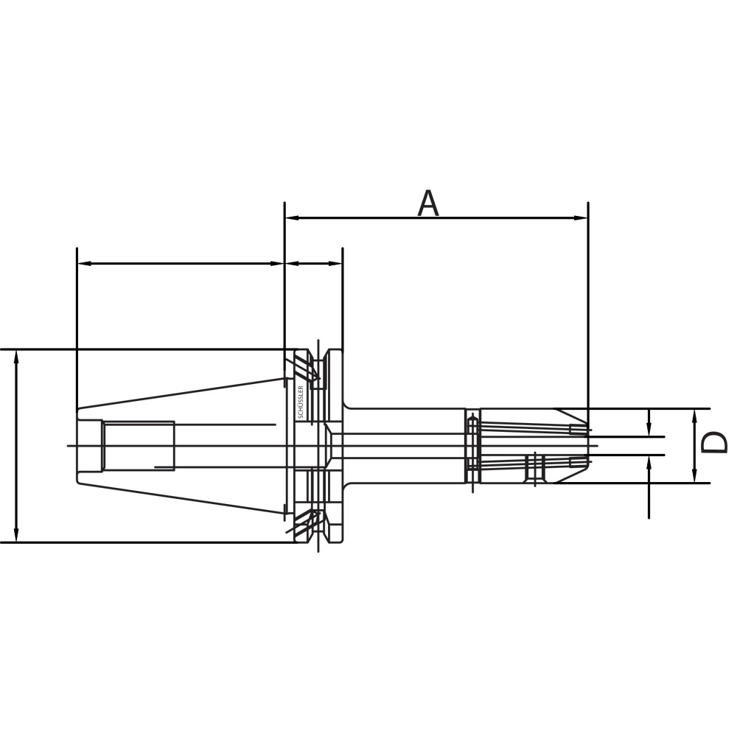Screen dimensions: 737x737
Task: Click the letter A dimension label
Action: [x=428, y=203]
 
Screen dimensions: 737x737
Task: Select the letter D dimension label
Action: [x=713, y=443]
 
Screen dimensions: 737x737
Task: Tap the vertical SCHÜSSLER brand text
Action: [x=300, y=402]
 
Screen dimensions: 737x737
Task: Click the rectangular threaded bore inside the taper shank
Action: [x=139, y=445]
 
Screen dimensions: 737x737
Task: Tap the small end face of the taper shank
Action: [x=78, y=445]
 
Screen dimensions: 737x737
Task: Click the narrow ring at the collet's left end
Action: [x=472, y=445]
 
